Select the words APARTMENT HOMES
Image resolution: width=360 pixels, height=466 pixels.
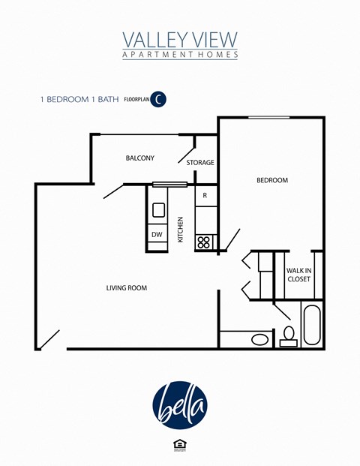(x=180, y=55)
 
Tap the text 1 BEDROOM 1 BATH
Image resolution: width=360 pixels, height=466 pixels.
(x=79, y=99)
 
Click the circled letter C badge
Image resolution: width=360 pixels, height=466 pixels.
(x=158, y=99)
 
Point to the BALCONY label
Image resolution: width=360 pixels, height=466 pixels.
(x=139, y=158)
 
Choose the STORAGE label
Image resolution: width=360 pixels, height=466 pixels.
(x=200, y=163)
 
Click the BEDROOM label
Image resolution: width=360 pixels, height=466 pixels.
(x=272, y=180)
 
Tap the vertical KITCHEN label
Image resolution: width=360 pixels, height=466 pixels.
(x=181, y=230)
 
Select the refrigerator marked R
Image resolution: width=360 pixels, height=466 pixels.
(x=205, y=197)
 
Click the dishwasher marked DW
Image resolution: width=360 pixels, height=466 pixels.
(x=157, y=235)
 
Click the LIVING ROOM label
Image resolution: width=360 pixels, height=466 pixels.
(x=125, y=287)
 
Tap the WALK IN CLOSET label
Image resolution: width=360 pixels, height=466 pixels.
(x=298, y=275)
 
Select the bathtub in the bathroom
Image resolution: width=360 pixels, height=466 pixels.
(x=311, y=324)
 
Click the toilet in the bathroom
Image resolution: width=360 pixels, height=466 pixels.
(x=288, y=337)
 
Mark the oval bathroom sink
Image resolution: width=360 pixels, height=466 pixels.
(x=259, y=340)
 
